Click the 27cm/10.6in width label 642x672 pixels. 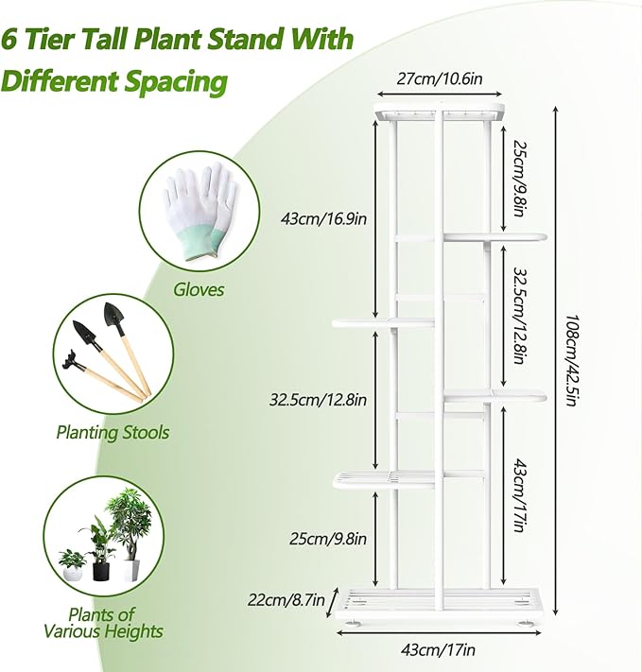pos(438,78)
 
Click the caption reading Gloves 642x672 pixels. pos(199,289)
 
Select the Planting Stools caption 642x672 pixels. pos(126,432)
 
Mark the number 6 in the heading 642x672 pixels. pos(12,40)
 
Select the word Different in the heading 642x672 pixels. pos(61,80)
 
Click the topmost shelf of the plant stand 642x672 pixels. pos(438,114)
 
